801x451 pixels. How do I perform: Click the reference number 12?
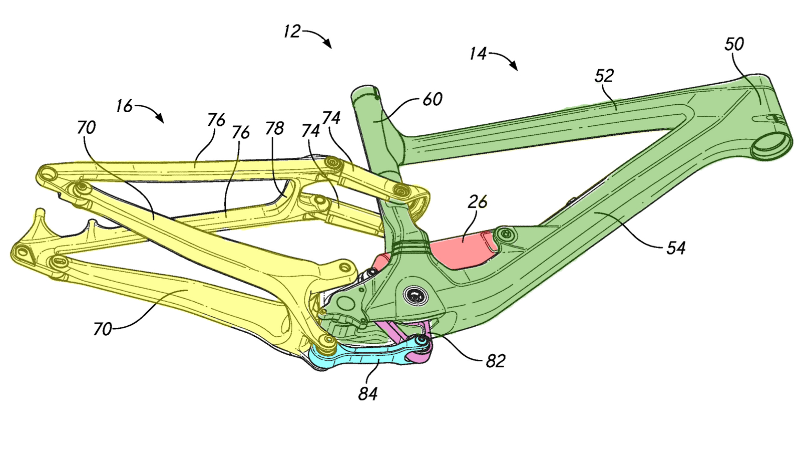(x=292, y=32)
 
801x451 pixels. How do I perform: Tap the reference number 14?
(x=478, y=53)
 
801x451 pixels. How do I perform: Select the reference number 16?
(x=124, y=106)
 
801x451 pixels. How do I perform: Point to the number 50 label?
(x=734, y=44)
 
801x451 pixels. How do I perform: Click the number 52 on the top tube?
(x=604, y=76)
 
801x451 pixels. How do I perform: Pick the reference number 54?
(x=676, y=248)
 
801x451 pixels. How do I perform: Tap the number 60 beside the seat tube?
(x=433, y=99)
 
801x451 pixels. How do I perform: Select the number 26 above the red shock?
(x=478, y=201)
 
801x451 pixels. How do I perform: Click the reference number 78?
(x=274, y=128)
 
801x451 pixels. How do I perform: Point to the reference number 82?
(x=495, y=360)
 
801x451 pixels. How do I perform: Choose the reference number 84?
(x=367, y=393)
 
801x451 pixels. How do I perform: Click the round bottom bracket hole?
(x=415, y=296)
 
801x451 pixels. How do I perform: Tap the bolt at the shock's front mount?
(x=505, y=234)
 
